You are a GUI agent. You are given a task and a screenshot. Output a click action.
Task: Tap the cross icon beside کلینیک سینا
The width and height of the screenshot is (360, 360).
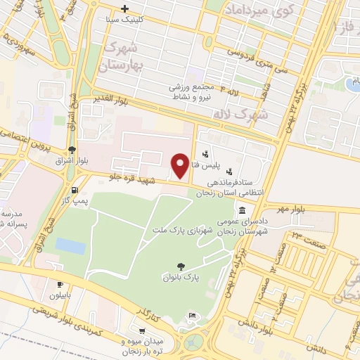click(x=124, y=9)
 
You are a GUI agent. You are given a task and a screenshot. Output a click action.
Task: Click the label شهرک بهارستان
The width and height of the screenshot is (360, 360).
click(x=122, y=57)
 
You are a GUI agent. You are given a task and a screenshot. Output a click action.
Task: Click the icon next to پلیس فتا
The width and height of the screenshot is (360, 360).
click(x=205, y=154)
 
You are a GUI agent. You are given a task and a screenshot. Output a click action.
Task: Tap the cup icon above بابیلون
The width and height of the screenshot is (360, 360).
click(x=59, y=284)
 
